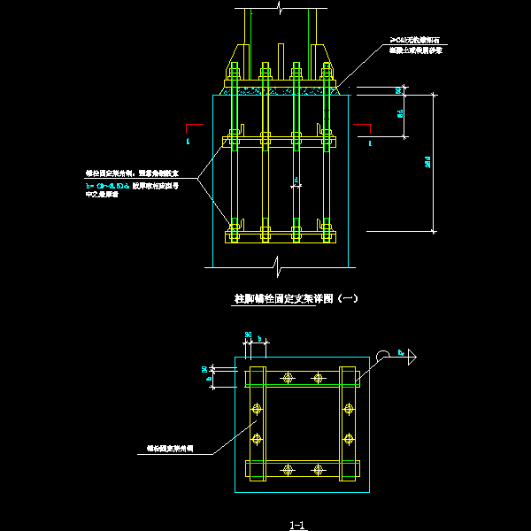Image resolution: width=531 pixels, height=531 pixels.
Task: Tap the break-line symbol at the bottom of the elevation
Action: [280, 262]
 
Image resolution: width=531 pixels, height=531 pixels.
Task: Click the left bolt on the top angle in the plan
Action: [287, 378]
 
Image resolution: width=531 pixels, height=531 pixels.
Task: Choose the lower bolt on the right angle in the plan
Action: [348, 438]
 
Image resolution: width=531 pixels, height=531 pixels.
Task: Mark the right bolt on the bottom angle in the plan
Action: [318, 469]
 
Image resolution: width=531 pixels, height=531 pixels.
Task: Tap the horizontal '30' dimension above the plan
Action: [249, 335]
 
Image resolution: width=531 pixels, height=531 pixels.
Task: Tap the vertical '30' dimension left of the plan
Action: [204, 369]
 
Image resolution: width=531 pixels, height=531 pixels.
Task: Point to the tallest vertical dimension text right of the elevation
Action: [427, 163]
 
